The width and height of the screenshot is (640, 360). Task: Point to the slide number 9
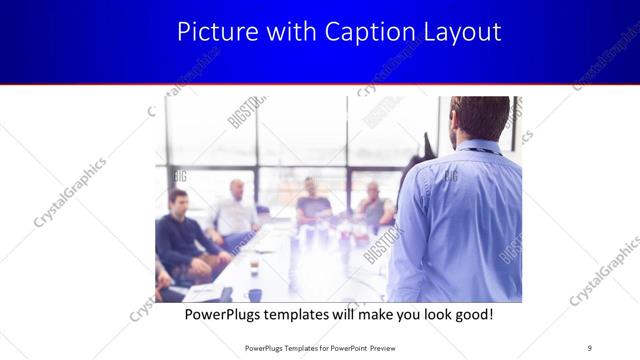pyautogui.click(x=589, y=347)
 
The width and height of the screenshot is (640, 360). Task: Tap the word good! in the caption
pyautogui.click(x=470, y=314)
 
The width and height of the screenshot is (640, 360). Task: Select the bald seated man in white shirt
pyautogui.click(x=236, y=210)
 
